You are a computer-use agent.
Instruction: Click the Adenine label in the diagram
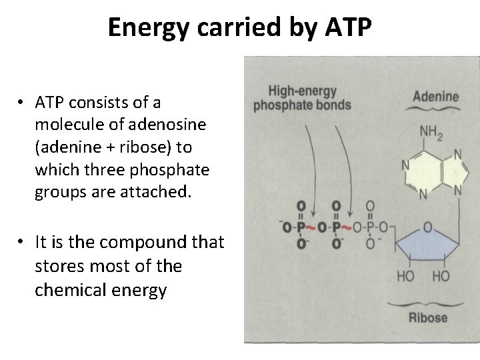point(437,96)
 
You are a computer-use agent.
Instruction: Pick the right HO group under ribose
point(440,277)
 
